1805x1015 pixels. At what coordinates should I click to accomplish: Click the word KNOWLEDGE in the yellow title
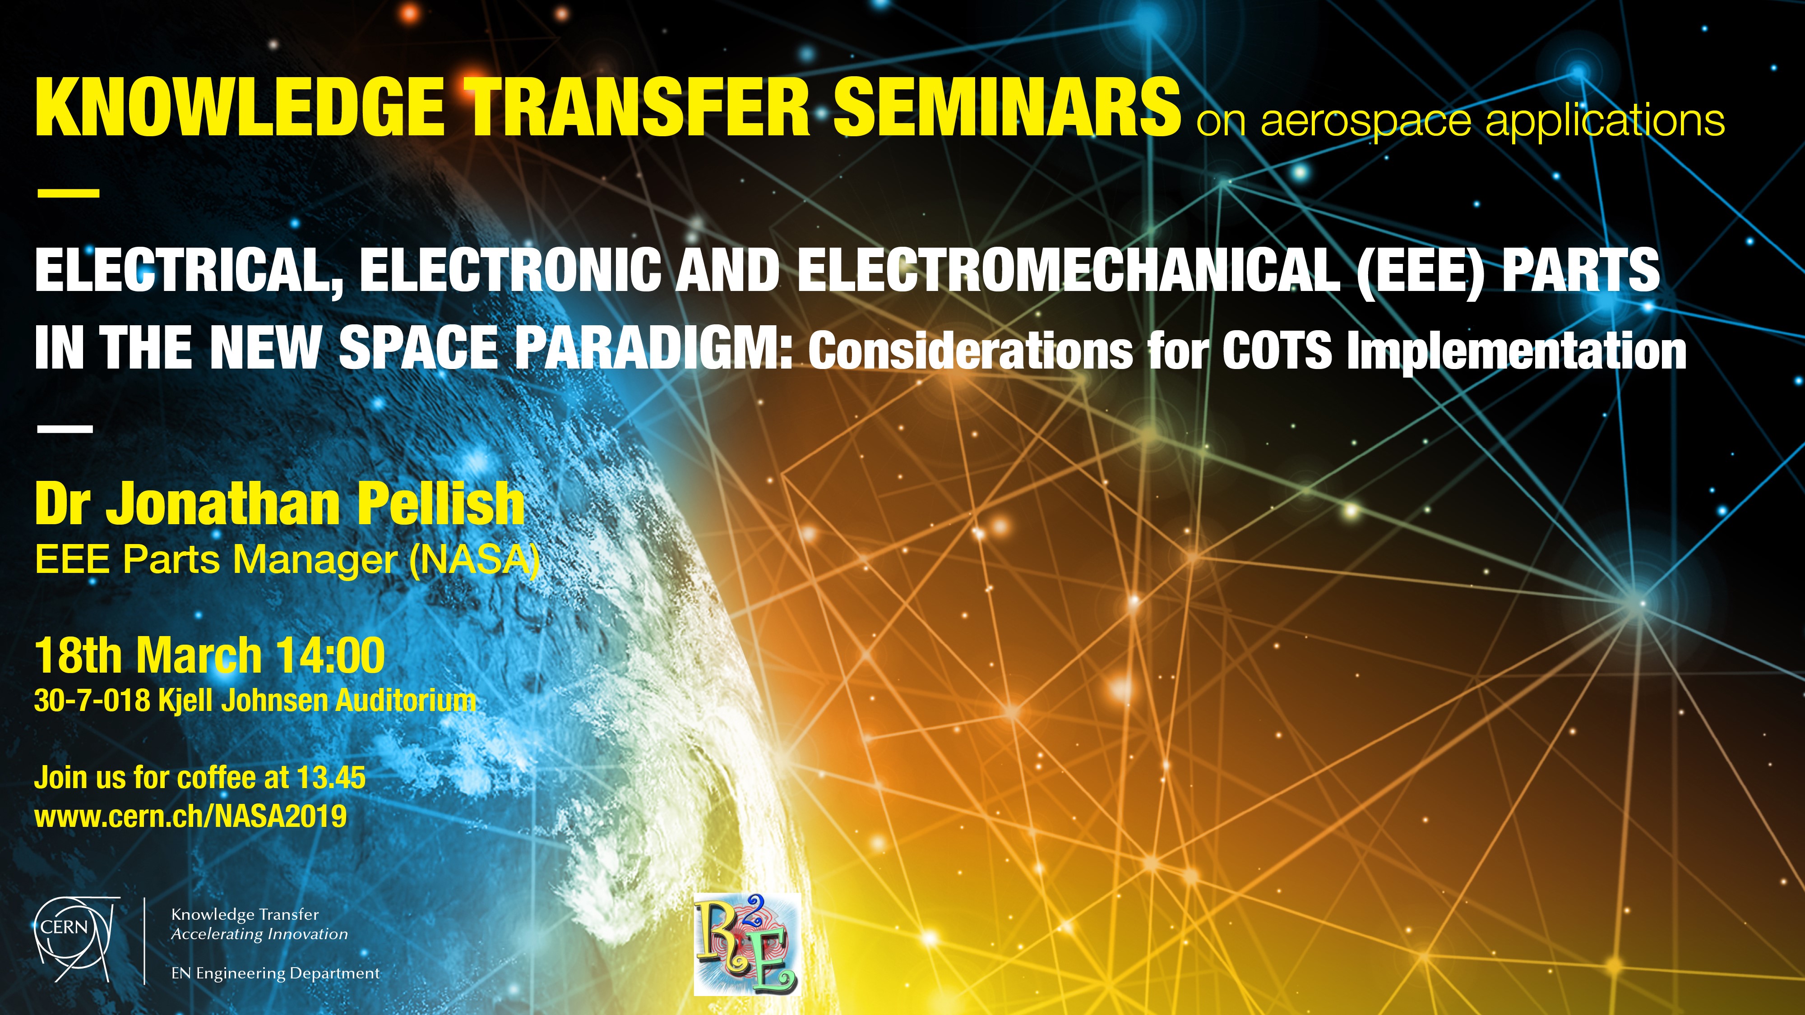pos(239,107)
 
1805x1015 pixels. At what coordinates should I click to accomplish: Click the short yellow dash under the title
pos(68,192)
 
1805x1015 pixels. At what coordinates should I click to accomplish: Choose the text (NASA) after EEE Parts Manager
pos(474,560)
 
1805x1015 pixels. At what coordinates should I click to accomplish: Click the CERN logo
pos(76,939)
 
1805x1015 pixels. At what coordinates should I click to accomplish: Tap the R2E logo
pos(746,944)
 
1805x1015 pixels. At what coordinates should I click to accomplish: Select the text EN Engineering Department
pos(275,973)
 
